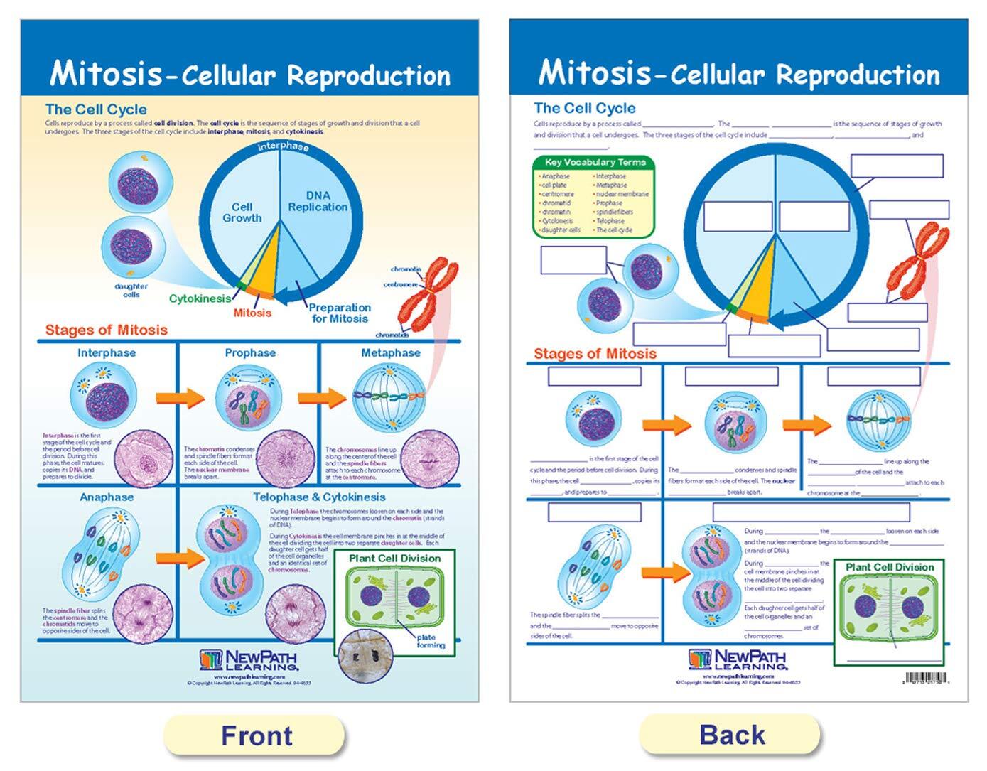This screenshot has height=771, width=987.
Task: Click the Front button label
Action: [x=256, y=735]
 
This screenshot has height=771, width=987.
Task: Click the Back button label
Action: [x=732, y=735]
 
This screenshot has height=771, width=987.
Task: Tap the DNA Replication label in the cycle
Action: [x=318, y=201]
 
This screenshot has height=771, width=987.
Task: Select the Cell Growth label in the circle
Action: [x=242, y=212]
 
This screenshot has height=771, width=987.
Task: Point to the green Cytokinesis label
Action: [x=200, y=298]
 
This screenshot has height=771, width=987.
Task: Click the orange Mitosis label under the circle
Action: [x=252, y=313]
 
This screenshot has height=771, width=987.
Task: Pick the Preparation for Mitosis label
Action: [x=340, y=313]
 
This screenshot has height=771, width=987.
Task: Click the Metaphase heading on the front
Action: [x=390, y=352]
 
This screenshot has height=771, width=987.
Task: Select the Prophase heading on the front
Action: [x=250, y=352]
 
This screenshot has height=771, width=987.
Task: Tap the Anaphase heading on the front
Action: [x=107, y=497]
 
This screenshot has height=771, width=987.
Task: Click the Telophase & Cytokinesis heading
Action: [x=319, y=497]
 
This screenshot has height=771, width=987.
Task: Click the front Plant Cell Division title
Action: [x=394, y=559]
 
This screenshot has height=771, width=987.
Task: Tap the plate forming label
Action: [x=429, y=641]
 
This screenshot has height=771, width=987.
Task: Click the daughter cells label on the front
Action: [x=131, y=290]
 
